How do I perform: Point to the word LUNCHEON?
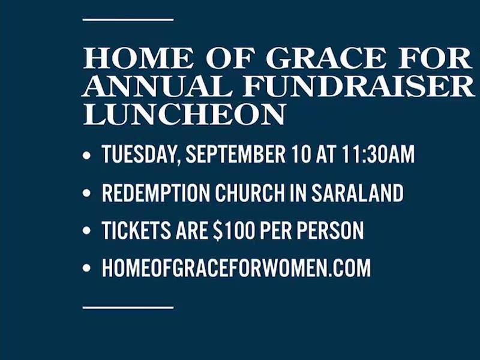[x=184, y=115]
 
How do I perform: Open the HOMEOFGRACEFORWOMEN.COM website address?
[x=236, y=268]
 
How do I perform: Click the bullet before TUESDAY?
[x=88, y=156]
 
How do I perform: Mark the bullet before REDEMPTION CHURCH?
[x=88, y=194]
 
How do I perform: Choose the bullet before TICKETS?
[x=88, y=231]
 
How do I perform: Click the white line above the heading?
[x=128, y=20]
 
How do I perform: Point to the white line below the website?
[x=128, y=307]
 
